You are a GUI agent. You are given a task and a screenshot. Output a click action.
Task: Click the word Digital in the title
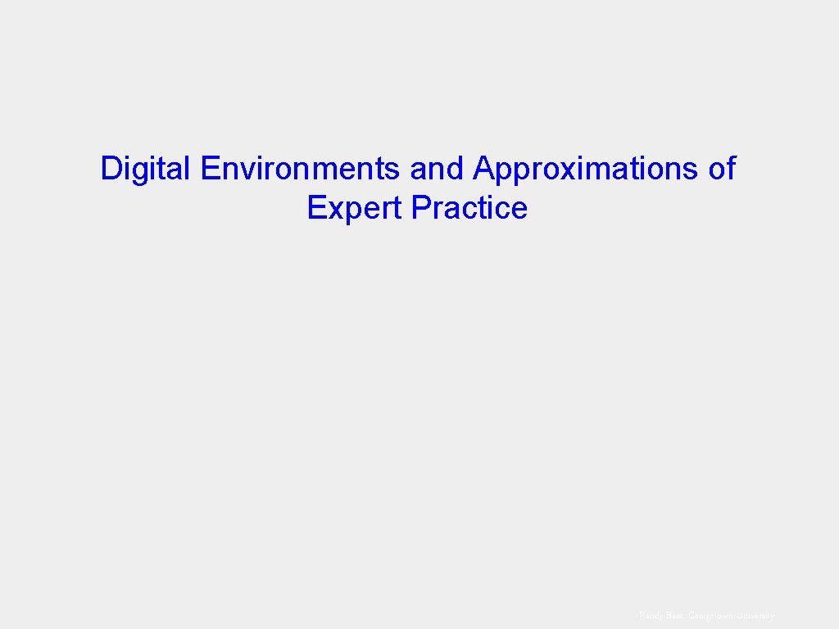145,169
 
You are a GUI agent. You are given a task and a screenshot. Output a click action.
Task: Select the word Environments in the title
300,169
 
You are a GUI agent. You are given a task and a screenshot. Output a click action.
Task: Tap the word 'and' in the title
437,169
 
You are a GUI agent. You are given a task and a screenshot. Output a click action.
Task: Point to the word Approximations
585,169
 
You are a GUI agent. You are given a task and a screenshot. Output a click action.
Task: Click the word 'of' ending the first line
722,169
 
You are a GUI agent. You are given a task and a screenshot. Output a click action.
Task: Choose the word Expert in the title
356,208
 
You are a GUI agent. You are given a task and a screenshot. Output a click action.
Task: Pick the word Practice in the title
469,208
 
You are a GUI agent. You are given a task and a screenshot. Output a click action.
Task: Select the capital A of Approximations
483,169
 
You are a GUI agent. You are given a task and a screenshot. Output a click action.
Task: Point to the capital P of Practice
420,208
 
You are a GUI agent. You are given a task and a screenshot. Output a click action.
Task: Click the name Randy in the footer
651,615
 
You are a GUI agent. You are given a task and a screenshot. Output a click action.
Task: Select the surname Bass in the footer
675,615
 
